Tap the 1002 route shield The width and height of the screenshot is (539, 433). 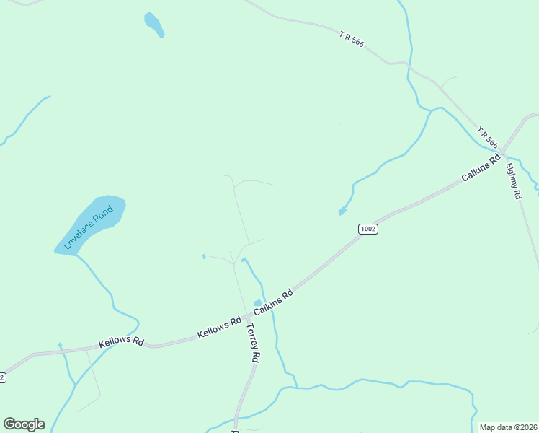point(367,229)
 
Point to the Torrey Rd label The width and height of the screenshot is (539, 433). point(252,342)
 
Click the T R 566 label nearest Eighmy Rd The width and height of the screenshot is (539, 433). point(487,137)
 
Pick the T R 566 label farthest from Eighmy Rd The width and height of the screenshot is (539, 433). point(352,39)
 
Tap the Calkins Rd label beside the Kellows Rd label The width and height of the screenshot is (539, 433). point(273,302)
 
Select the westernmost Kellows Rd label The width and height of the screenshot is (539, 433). point(122,341)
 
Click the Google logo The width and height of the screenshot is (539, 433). point(24,424)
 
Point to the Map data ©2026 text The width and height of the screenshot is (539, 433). point(508,427)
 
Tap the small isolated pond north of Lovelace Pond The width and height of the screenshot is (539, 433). point(154,24)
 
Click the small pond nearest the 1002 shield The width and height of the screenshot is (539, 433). point(342,211)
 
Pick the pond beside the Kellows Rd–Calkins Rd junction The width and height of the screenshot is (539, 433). point(258,303)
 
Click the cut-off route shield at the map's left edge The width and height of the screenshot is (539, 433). point(2,377)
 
